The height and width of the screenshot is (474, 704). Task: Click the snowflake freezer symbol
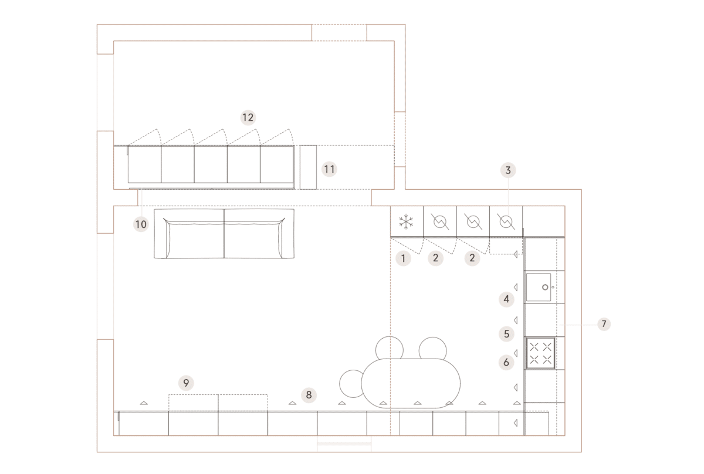pos(406,221)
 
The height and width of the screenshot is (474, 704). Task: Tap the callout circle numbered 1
pos(403,258)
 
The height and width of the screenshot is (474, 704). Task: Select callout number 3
pos(508,170)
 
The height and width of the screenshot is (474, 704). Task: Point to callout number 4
pos(506,299)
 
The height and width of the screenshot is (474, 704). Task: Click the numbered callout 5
pos(506,334)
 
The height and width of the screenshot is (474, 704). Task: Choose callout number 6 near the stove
pos(506,363)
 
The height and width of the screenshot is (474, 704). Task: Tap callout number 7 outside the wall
pos(604,324)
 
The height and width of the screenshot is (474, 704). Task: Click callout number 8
pos(309,395)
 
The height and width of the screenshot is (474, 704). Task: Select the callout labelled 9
pos(186,383)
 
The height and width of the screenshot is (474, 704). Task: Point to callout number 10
pos(141,224)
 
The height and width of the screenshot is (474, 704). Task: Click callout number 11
pos(329,169)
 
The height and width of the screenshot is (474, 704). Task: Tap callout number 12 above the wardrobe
pos(248,118)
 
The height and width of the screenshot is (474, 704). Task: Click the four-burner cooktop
pos(540,353)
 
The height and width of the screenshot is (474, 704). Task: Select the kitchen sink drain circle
pos(545,287)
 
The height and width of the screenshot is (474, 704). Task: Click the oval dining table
pos(411,383)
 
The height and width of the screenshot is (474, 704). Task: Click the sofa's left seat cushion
pos(195,239)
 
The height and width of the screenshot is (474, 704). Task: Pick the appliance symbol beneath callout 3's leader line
pos(506,221)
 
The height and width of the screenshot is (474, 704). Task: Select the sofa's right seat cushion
pos(255,239)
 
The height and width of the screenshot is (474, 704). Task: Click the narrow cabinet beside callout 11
pos(308,168)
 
